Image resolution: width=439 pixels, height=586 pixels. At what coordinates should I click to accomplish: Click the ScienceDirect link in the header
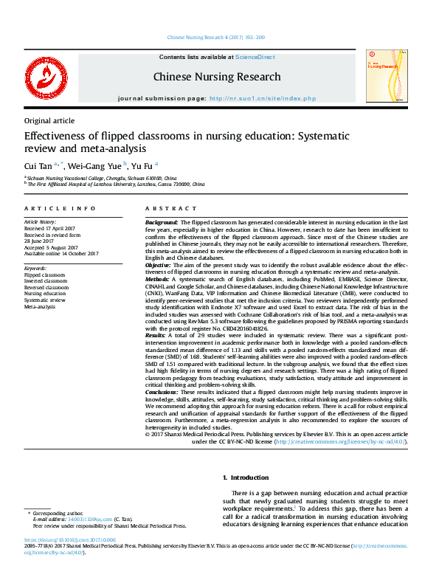[255, 57]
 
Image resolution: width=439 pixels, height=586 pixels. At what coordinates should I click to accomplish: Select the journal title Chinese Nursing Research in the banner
[217, 77]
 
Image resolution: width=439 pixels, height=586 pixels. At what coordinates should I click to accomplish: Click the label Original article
[49, 121]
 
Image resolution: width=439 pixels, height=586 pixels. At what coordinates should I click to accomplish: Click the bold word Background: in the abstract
[161, 222]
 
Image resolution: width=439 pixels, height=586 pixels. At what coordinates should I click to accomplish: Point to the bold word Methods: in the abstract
[158, 280]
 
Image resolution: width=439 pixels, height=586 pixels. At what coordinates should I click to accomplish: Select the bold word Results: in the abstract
[156, 334]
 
